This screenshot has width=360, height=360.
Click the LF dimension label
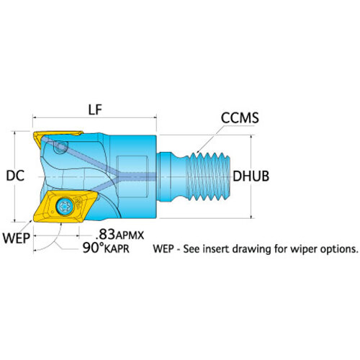[95, 110]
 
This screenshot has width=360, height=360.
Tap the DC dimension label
[15, 176]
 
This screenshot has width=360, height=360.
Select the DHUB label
[251, 176]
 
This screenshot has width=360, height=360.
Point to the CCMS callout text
[240, 117]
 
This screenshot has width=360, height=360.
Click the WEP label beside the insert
[17, 238]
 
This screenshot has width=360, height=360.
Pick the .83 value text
[105, 234]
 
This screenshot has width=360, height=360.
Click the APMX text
[130, 235]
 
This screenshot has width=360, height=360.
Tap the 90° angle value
[93, 248]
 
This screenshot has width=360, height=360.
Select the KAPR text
[117, 249]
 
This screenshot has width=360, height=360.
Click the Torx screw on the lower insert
[65, 206]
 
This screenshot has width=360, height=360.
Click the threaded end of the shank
[208, 176]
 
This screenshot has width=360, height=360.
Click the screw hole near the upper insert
[60, 147]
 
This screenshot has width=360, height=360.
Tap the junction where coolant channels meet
[118, 176]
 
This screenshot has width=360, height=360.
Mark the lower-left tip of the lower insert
[34, 221]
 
